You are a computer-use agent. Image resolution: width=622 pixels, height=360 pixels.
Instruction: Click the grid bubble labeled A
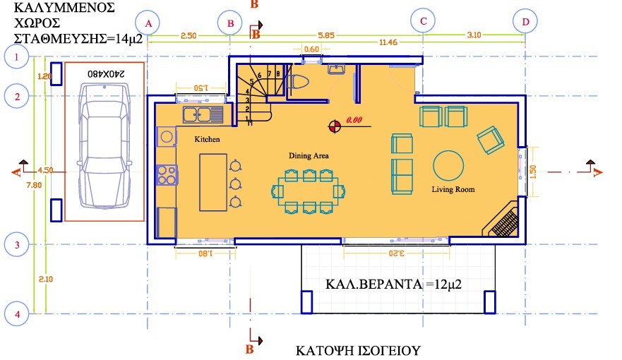pyautogui.click(x=148, y=23)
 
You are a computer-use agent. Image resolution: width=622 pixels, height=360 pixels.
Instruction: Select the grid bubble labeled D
pyautogui.click(x=525, y=22)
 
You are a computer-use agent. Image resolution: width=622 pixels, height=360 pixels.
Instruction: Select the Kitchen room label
pyautogui.click(x=208, y=140)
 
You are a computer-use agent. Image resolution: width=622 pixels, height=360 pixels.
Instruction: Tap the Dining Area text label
pyautogui.click(x=309, y=155)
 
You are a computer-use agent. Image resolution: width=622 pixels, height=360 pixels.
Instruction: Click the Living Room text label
pyautogui.click(x=453, y=189)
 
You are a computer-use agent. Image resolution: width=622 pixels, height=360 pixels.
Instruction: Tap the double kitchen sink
pyautogui.click(x=203, y=114)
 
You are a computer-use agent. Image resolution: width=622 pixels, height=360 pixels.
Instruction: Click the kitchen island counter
pyautogui.click(x=213, y=182)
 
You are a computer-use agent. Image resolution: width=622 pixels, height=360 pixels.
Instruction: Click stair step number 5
pyautogui.click(x=251, y=82)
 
